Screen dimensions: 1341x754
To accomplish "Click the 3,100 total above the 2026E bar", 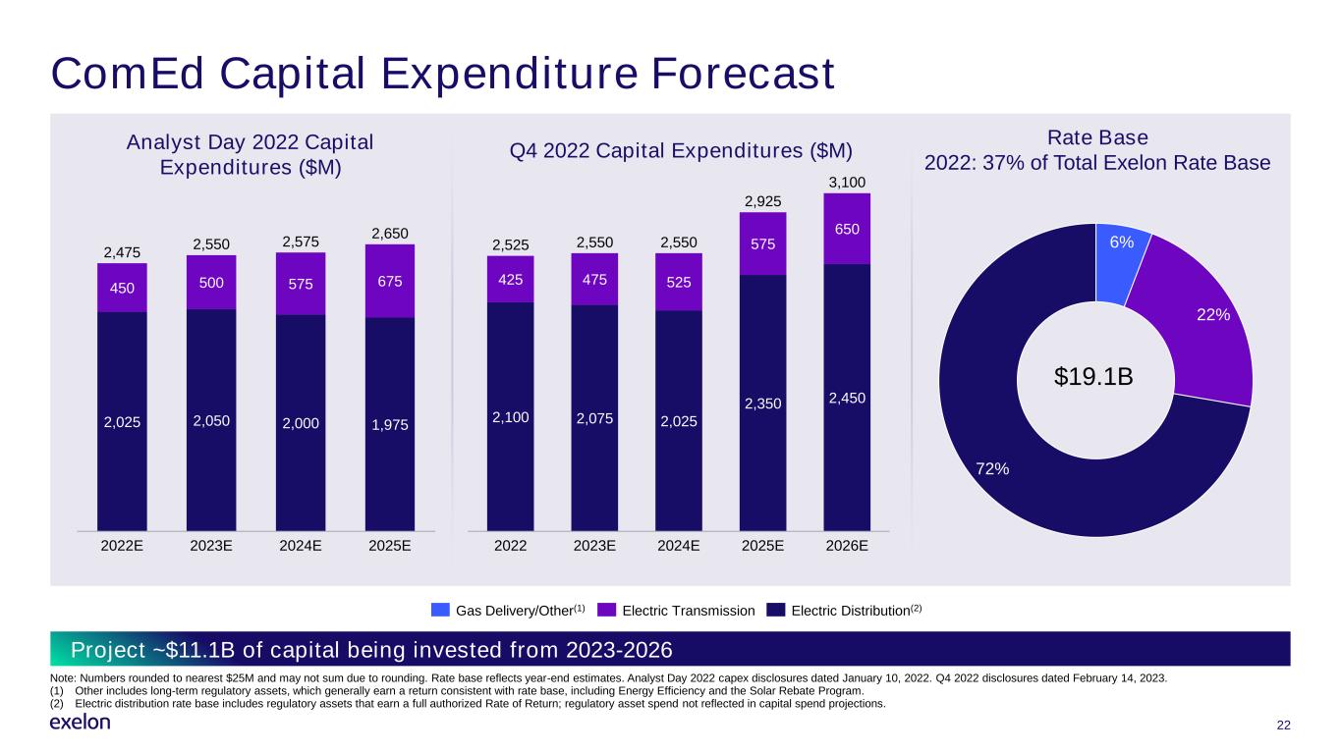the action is tap(847, 183).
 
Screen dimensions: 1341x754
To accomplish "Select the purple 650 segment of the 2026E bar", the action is tap(847, 229).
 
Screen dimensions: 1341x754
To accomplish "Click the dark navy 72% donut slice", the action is tap(1018, 479).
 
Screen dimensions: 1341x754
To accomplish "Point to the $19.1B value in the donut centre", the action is tap(1093, 377).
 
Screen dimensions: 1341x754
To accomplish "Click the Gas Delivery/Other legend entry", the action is tap(508, 611).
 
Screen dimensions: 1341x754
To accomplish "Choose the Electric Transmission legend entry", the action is tap(677, 611).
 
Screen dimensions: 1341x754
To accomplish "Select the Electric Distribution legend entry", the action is tap(844, 611).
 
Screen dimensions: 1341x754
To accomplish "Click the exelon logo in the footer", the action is tap(80, 723).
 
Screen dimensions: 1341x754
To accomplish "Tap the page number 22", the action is tap(1283, 726).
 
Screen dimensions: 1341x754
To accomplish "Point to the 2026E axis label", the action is tap(847, 546).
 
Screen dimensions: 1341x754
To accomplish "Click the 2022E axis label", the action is tap(122, 546).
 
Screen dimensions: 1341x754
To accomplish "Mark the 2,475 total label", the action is tap(122, 252).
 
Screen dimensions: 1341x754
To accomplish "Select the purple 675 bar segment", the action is tap(390, 281).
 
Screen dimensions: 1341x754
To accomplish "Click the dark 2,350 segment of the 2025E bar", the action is tap(762, 403).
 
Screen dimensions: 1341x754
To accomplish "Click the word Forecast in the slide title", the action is tap(743, 75).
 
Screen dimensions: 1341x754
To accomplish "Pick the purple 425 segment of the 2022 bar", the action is tap(510, 280).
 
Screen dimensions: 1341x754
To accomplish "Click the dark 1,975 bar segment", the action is tap(390, 424).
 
